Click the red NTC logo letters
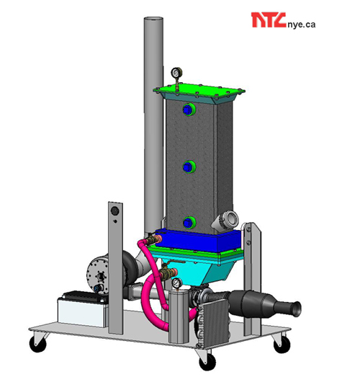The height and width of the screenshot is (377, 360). point(269,20)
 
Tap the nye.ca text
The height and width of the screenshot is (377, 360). point(301,25)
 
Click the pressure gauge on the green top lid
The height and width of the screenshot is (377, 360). point(176,72)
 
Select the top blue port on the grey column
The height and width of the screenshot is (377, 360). point(189,110)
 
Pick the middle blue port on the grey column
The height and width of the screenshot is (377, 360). point(189,167)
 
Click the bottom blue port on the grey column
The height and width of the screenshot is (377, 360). point(189,222)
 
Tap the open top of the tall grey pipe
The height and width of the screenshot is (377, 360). point(153,19)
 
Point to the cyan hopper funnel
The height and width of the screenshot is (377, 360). point(204,270)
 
